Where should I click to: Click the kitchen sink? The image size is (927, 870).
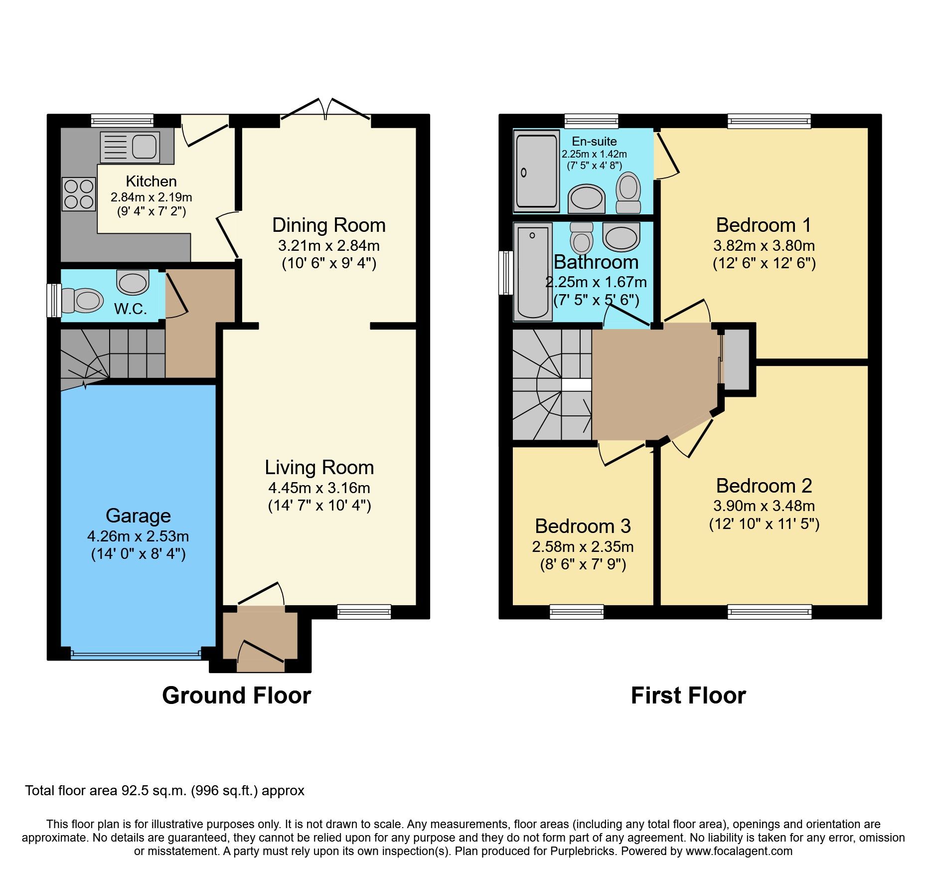[130, 147]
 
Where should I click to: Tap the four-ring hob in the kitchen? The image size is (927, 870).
[79, 194]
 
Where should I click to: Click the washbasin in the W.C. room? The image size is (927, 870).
[133, 282]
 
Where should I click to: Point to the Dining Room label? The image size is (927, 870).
[328, 225]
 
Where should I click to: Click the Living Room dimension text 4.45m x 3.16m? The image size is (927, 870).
[319, 488]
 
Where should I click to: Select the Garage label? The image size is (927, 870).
[138, 516]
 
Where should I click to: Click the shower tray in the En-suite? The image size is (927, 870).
[536, 171]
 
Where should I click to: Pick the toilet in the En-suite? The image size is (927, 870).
[628, 193]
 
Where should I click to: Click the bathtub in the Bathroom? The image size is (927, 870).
[532, 272]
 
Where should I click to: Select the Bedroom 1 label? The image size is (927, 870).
[764, 225]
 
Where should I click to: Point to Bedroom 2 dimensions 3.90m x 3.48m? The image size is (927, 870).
[764, 506]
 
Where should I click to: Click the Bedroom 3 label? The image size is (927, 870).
[583, 526]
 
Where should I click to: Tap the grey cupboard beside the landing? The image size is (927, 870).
[736, 359]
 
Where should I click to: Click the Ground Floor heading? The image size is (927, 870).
[236, 696]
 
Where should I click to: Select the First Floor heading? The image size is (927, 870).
[688, 696]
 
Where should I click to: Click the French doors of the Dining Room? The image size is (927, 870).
[325, 111]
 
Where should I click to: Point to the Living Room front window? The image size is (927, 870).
[364, 612]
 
